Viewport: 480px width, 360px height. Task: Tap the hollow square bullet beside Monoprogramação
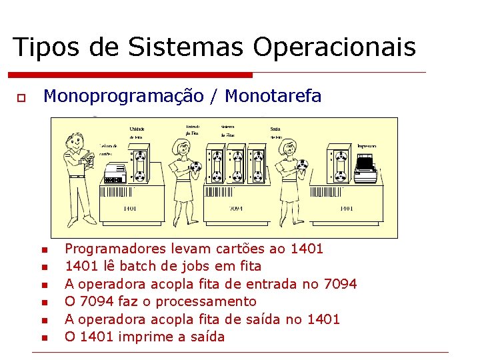tap(21, 98)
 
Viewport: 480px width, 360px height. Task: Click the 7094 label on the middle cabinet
tap(235, 209)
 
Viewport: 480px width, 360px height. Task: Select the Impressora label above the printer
tap(367, 146)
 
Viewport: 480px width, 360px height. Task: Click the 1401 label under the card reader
tap(129, 209)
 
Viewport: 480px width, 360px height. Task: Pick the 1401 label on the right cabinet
tap(345, 209)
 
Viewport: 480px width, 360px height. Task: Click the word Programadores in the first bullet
tap(106, 249)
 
